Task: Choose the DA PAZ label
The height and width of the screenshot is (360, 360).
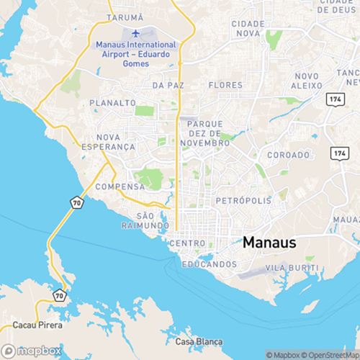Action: click(166, 85)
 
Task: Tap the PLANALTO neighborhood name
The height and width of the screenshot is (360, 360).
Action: click(113, 103)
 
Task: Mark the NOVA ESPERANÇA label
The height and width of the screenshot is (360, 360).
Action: click(115, 141)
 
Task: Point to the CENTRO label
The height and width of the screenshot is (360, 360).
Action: click(186, 244)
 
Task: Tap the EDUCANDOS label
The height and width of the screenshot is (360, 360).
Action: click(209, 264)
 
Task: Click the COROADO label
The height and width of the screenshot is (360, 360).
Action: click(288, 155)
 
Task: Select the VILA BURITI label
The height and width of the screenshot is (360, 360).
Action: click(292, 267)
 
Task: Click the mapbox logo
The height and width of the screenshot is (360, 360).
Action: click(30, 352)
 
